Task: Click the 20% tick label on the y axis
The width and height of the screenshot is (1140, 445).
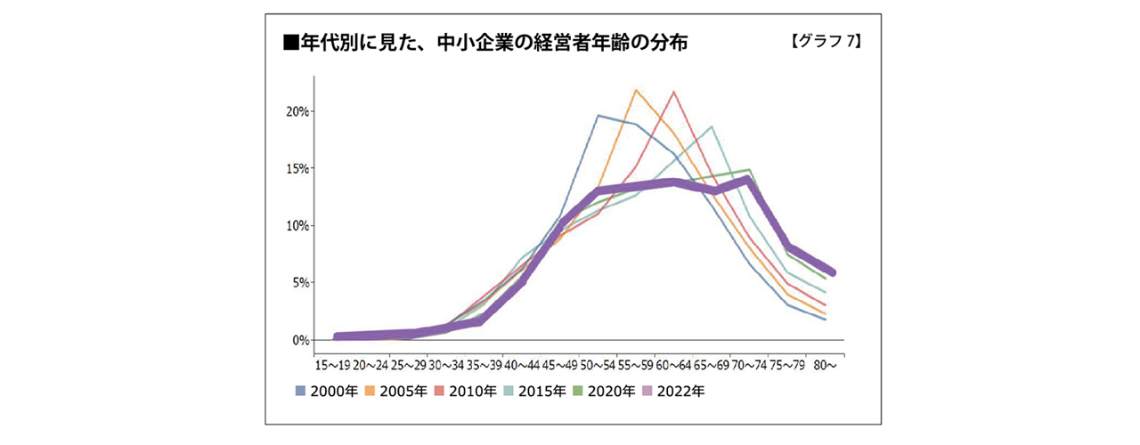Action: [297, 111]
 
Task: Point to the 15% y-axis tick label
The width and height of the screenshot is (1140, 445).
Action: [297, 168]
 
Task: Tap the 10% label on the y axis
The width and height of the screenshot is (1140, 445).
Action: [297, 225]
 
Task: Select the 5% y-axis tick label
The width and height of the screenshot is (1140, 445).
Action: [299, 283]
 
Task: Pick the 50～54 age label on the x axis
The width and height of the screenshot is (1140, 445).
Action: [597, 364]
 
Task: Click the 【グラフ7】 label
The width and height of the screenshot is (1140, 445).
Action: [825, 41]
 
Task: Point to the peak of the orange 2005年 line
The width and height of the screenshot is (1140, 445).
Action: [636, 90]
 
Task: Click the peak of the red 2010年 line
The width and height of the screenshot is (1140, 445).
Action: [674, 92]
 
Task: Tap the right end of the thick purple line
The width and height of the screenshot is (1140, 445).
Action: [831, 272]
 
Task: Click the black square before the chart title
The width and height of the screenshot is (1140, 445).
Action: [289, 43]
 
